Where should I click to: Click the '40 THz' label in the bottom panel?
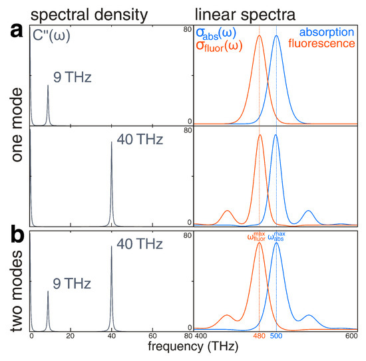coord(137,244)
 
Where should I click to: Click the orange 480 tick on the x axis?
coord(259,337)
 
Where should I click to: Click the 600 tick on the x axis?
coord(351,337)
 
